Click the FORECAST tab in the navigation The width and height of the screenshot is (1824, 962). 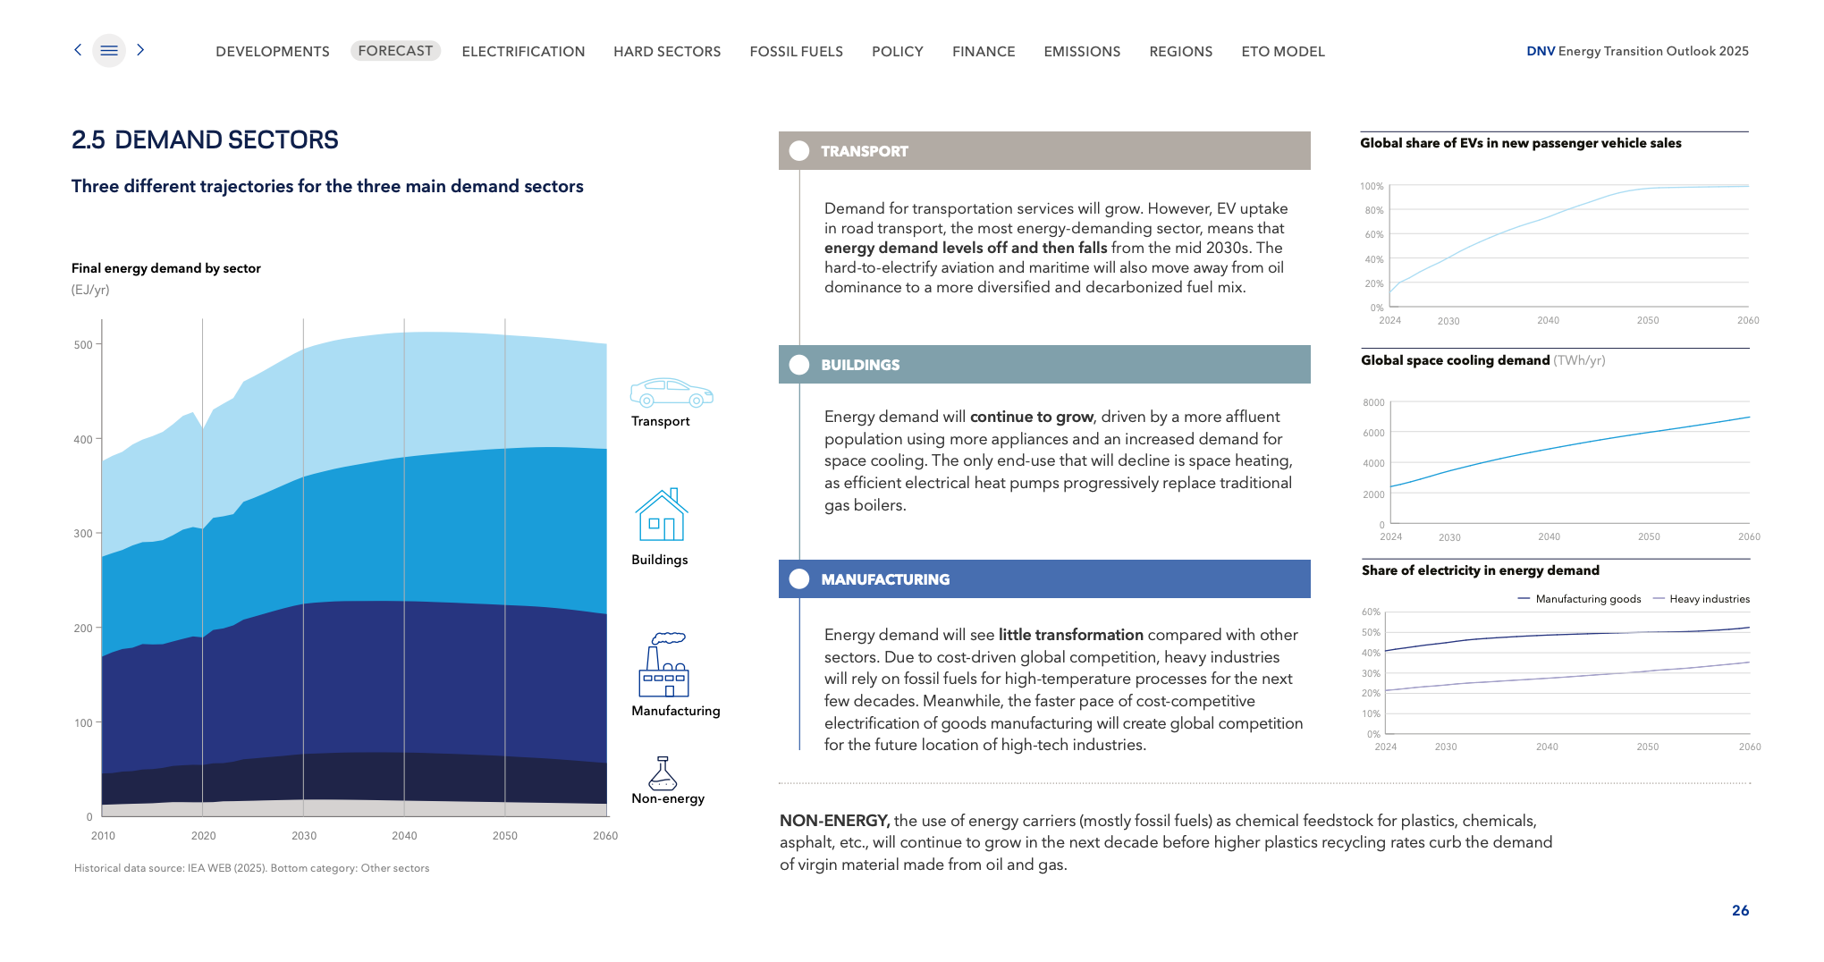(395, 51)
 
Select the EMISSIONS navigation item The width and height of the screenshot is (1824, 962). (1082, 52)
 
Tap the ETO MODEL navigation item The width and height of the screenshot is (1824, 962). (1282, 52)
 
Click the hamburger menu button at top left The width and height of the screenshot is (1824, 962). (109, 51)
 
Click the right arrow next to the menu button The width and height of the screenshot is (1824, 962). (140, 50)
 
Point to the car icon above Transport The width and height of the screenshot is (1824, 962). (671, 392)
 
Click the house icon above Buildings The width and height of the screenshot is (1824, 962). (662, 515)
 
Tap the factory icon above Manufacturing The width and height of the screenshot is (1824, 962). (664, 665)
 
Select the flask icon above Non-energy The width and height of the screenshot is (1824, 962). (663, 773)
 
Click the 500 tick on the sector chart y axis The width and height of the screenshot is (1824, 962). (83, 345)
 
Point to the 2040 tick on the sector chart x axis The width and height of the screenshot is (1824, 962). (404, 836)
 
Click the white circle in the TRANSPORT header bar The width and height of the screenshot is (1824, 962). (799, 151)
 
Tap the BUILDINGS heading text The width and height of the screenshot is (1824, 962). (860, 365)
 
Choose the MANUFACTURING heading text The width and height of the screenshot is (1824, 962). (885, 579)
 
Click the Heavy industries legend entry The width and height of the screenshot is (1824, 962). (1709, 599)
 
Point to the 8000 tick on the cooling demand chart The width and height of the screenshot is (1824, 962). (1373, 403)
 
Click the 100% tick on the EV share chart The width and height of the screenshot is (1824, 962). (1372, 187)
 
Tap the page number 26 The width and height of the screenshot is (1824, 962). (1740, 910)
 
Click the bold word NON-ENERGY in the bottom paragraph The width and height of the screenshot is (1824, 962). (833, 821)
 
